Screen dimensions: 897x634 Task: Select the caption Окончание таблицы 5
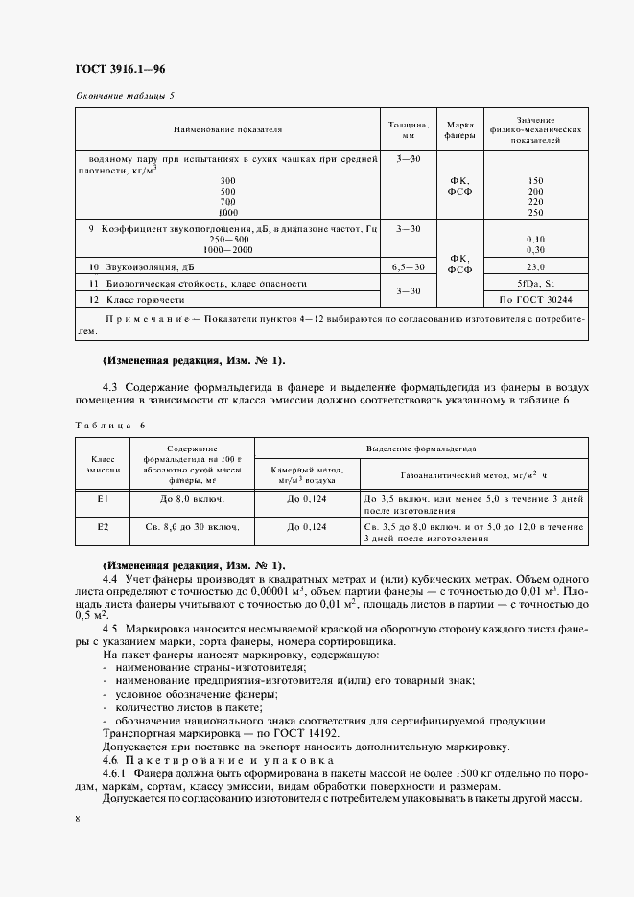click(125, 95)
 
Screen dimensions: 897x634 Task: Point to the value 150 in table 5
click(535, 180)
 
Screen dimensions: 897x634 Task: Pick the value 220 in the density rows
click(535, 201)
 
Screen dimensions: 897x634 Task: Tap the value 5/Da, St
click(535, 284)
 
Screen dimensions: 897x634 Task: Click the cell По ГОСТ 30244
click(535, 300)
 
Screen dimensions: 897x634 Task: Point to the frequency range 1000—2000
click(227, 249)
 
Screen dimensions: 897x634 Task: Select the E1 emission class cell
click(102, 500)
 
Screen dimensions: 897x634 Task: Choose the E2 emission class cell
click(102, 527)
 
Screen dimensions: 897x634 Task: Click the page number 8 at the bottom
click(77, 818)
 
